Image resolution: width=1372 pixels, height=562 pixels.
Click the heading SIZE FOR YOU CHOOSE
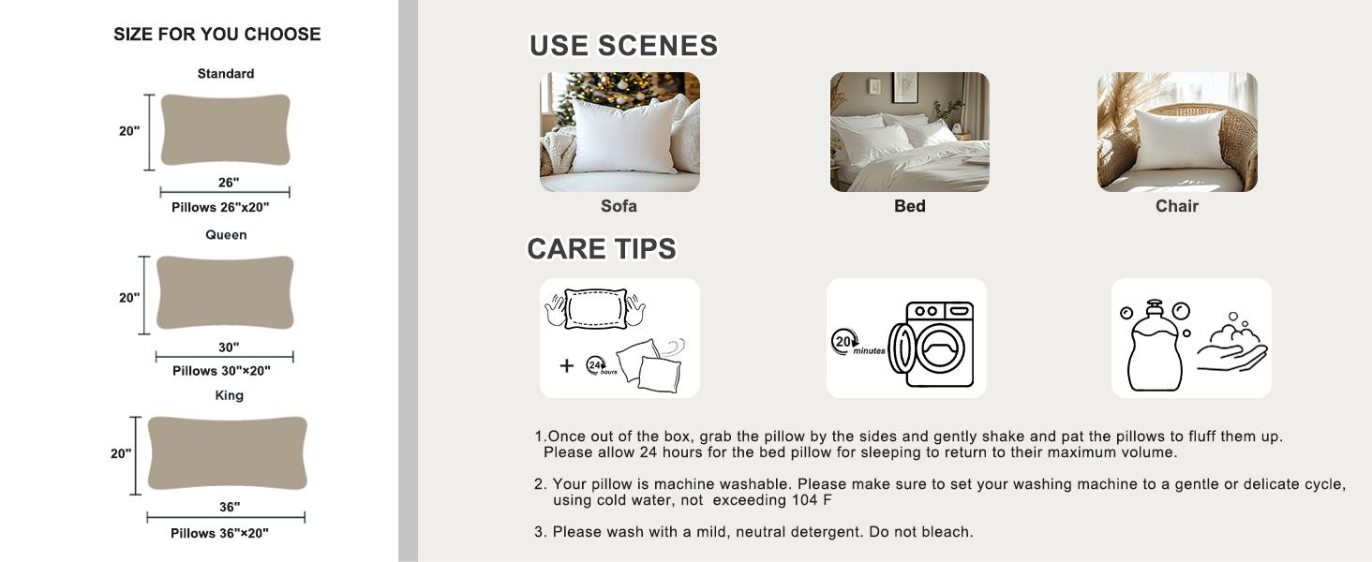[x=216, y=35]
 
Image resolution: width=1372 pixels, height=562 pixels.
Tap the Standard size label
[x=226, y=73]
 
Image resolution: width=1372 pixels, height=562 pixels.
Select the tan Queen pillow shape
[x=225, y=292]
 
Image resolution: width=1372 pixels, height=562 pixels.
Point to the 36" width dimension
[x=229, y=507]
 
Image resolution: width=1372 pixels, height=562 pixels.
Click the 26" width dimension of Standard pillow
[x=229, y=183]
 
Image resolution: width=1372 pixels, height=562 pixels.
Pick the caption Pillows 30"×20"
[x=221, y=371]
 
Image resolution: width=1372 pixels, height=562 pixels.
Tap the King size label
[x=229, y=395]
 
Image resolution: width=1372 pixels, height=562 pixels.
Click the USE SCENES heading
[x=623, y=46]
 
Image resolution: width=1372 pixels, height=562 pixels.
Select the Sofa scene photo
[x=619, y=132]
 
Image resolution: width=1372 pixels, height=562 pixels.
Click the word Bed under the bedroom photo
[x=910, y=206]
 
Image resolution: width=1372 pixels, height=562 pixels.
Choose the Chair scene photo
[x=1177, y=132]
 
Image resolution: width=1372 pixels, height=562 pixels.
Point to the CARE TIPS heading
[x=602, y=249]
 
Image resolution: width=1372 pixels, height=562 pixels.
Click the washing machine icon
[x=932, y=345]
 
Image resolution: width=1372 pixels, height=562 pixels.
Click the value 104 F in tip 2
[x=812, y=500]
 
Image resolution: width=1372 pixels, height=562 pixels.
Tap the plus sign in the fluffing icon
[x=567, y=365]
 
